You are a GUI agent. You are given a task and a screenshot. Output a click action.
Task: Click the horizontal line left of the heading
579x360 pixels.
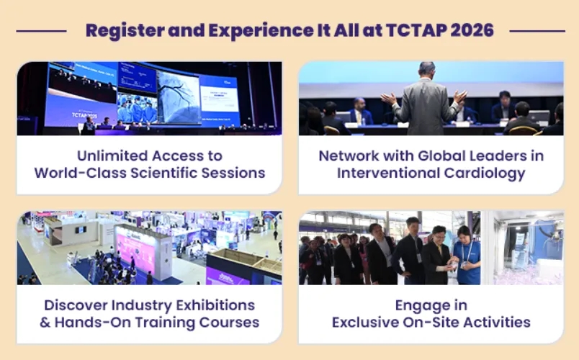coord(41,32)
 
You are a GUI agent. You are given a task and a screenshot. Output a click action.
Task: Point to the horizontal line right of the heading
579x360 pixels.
coord(537,32)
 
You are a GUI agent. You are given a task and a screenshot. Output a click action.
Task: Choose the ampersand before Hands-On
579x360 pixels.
coord(45,323)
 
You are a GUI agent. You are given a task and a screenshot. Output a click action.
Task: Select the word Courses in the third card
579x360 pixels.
coord(229,323)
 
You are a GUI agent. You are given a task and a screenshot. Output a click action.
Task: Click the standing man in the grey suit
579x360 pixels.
coord(426,99)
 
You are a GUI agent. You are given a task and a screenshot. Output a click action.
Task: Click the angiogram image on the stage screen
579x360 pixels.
coord(179,98)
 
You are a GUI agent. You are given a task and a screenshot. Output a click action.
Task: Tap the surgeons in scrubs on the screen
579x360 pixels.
coord(138,108)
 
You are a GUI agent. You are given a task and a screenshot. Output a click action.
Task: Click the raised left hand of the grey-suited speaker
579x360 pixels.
coord(389,99)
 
